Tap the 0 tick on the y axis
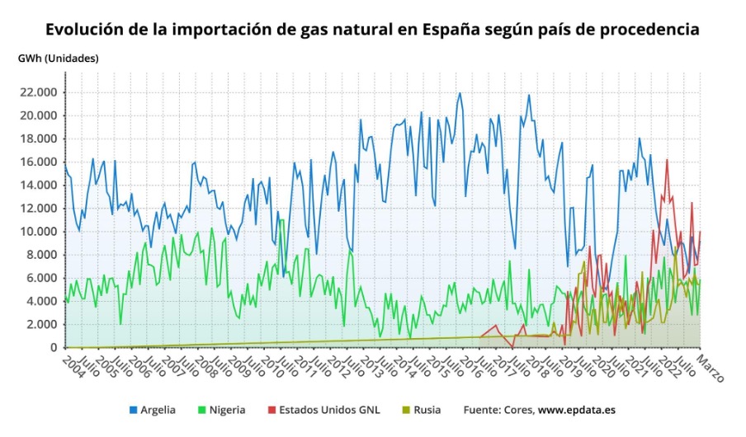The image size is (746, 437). pyautogui.click(x=54, y=348)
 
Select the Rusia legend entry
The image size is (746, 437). pyautogui.click(x=426, y=410)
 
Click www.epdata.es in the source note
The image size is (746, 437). pyautogui.click(x=577, y=410)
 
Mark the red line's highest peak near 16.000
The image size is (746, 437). pyautogui.click(x=667, y=160)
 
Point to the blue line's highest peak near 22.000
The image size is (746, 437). pyautogui.click(x=460, y=93)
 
